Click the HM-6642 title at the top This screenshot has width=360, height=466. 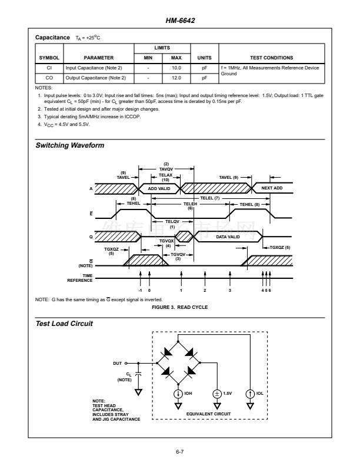[x=180, y=21]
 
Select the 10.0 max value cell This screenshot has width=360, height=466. [x=175, y=68]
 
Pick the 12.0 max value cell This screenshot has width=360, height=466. [x=175, y=77]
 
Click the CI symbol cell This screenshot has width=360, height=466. [x=49, y=68]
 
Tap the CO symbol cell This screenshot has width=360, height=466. [x=49, y=77]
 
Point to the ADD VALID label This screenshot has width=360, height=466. [x=158, y=189]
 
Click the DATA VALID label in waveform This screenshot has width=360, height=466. [x=228, y=236]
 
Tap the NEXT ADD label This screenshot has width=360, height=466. [x=272, y=189]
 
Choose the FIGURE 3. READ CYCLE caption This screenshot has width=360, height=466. [x=180, y=307]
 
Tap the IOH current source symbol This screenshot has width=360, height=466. [x=177, y=392]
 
